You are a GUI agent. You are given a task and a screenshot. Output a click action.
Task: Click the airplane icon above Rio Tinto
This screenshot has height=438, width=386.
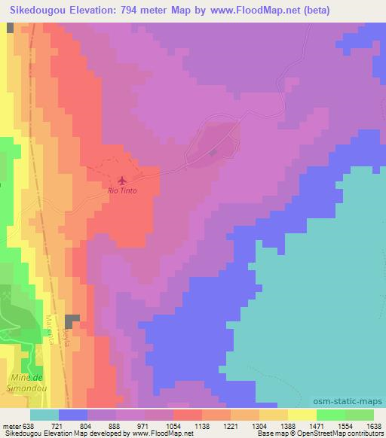122,180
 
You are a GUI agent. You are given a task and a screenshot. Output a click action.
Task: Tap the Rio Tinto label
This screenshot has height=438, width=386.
123,191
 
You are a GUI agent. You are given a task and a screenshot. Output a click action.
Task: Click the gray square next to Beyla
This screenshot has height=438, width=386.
72,322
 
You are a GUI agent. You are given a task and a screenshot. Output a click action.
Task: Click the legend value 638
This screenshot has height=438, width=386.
28,425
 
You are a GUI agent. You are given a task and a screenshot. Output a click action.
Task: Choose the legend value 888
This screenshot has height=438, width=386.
114,425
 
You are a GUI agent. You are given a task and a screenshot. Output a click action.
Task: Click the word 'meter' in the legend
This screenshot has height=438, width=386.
11,425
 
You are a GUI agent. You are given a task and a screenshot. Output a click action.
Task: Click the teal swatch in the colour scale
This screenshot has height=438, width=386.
44,415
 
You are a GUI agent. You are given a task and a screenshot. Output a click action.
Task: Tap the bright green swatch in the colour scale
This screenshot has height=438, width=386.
331,415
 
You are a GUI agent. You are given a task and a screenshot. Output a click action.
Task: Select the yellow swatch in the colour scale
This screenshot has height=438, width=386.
302,415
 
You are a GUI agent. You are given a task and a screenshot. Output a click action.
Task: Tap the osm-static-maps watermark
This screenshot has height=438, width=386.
354,403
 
